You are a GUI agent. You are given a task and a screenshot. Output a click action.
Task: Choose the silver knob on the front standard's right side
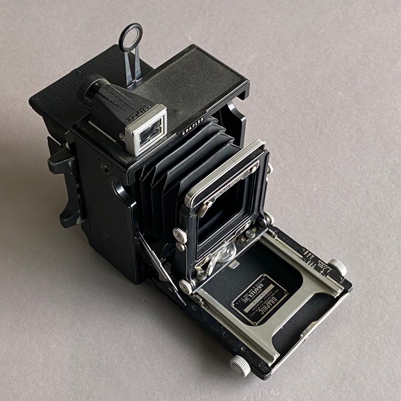[268, 217]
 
